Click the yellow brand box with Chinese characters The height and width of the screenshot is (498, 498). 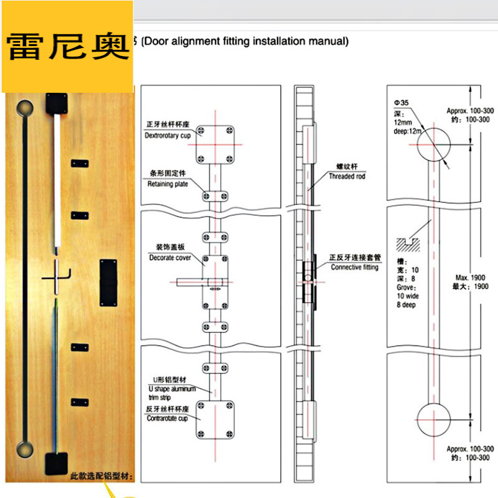pos(67,47)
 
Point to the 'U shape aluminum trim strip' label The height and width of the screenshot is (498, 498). pos(171,389)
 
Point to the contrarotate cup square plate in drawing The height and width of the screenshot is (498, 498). pos(215,419)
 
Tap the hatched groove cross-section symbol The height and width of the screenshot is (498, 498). pos(409,241)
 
